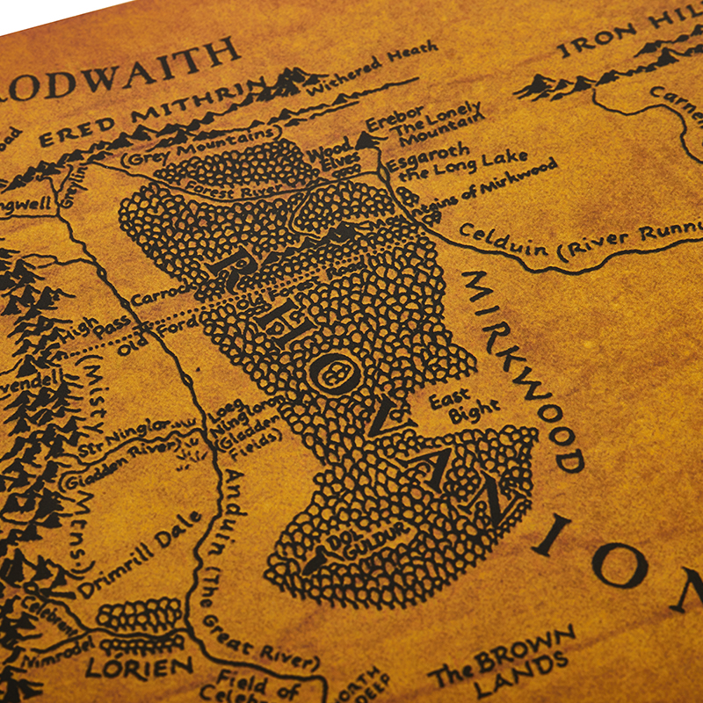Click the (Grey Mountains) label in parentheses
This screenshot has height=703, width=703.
185,147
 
